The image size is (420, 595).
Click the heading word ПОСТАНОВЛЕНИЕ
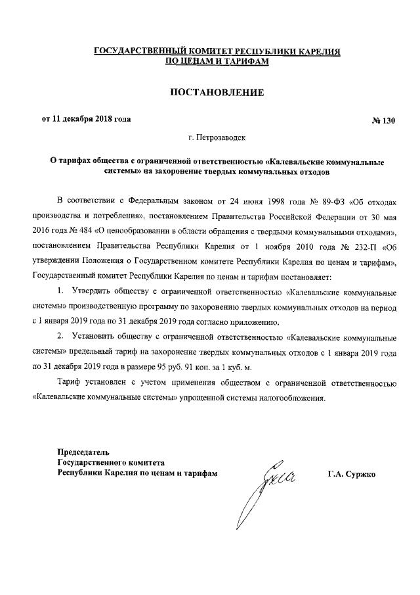(x=217, y=93)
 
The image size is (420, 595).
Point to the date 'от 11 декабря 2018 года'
(x=86, y=119)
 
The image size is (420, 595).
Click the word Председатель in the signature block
(x=82, y=452)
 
